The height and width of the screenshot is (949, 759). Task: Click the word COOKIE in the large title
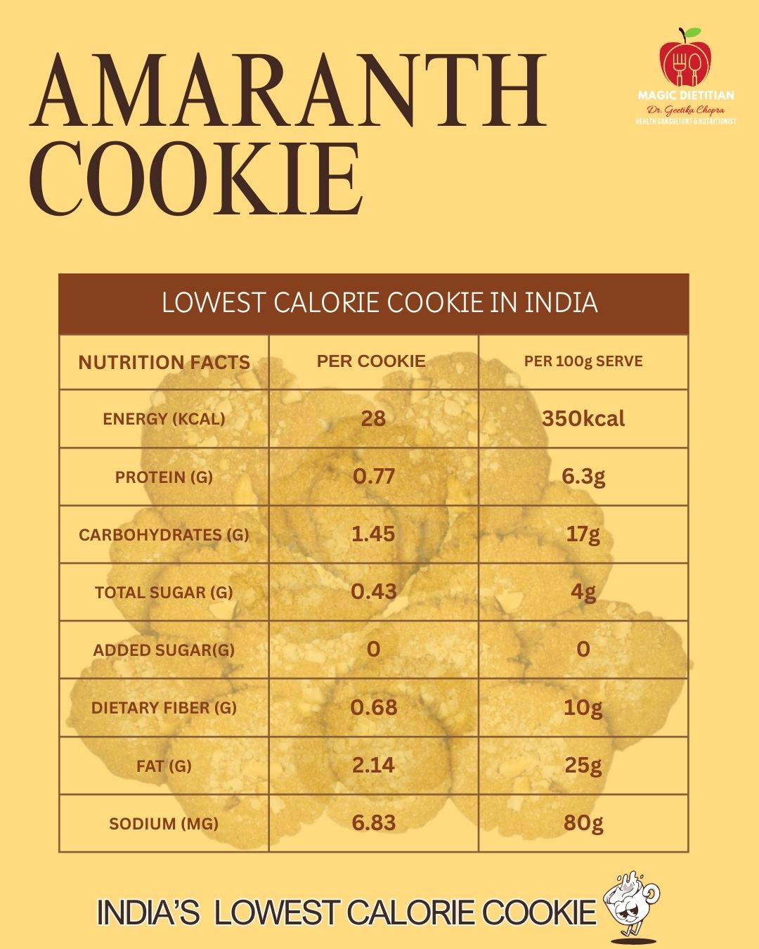(x=197, y=179)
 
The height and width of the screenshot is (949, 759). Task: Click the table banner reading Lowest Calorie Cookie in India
(x=379, y=303)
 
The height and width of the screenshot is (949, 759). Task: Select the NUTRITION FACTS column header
(x=164, y=363)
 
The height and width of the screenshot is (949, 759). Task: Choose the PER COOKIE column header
(x=371, y=361)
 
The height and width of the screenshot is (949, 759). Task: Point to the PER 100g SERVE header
(x=583, y=361)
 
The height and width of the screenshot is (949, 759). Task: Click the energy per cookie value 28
(x=373, y=419)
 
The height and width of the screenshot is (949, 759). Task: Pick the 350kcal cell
(x=583, y=419)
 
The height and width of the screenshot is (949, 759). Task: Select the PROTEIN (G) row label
(x=164, y=477)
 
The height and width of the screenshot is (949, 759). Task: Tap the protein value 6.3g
(x=583, y=477)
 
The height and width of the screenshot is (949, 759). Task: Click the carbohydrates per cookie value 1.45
(x=373, y=534)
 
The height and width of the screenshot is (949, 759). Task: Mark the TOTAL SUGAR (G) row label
(x=164, y=593)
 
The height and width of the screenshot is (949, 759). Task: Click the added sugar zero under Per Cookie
(x=373, y=649)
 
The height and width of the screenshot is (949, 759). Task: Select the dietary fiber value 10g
(x=583, y=707)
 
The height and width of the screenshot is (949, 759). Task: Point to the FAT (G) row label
(x=164, y=766)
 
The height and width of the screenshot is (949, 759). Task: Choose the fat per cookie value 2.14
(x=373, y=765)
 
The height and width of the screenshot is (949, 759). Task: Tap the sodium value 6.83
(x=373, y=822)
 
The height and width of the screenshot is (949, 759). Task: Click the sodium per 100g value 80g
(x=583, y=822)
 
